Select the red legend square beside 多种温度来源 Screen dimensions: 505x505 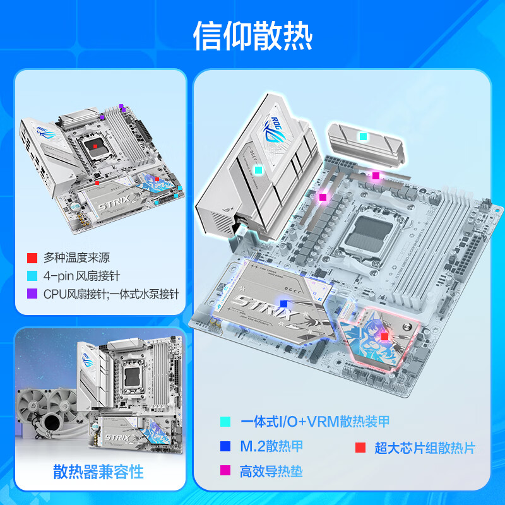tap(32, 258)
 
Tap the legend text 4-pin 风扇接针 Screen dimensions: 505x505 tap(81, 276)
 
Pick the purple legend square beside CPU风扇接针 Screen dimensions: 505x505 tap(32, 294)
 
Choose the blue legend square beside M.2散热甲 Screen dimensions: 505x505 tap(225, 447)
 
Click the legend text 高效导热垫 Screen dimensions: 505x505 tap(271, 471)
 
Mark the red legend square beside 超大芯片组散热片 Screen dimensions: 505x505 tap(360, 448)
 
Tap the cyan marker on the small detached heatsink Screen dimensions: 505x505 tap(362, 136)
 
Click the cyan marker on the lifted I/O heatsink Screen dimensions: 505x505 tap(258, 169)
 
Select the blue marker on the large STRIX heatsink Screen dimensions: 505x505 tap(283, 304)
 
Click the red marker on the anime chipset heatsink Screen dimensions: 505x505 tap(384, 337)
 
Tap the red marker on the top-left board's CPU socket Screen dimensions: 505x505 tap(94, 146)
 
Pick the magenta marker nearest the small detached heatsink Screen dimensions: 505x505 tap(376, 175)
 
